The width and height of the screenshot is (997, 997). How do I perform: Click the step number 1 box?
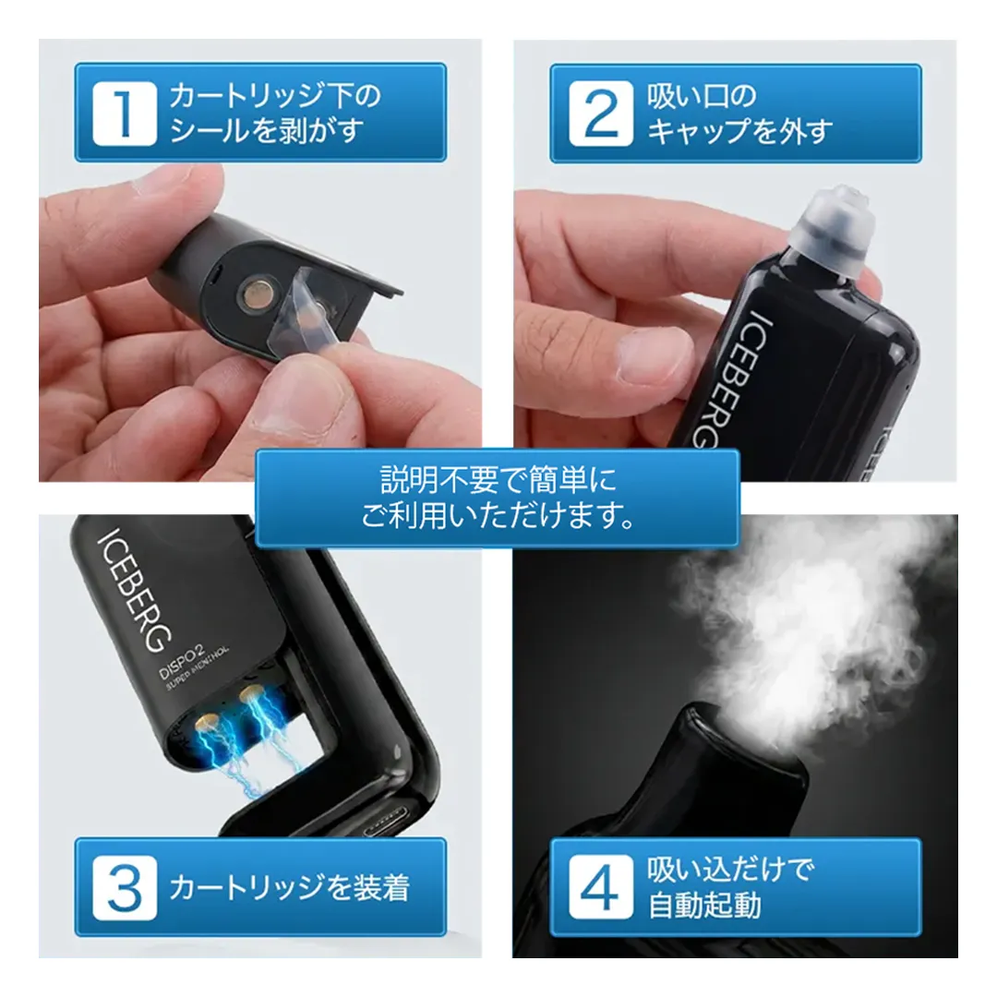tap(125, 114)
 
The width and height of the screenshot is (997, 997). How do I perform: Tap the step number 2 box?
tap(601, 114)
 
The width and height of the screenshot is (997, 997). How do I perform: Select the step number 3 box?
tap(125, 888)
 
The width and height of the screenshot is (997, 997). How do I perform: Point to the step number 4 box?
tap(601, 888)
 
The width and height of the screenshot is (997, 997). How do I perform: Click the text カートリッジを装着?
tap(289, 888)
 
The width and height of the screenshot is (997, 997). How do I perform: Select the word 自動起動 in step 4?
tap(704, 905)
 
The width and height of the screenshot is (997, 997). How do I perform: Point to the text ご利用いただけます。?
tap(498, 515)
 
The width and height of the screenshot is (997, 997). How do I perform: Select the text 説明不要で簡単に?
tap(498, 479)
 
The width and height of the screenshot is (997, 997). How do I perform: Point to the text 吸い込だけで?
tap(729, 870)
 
